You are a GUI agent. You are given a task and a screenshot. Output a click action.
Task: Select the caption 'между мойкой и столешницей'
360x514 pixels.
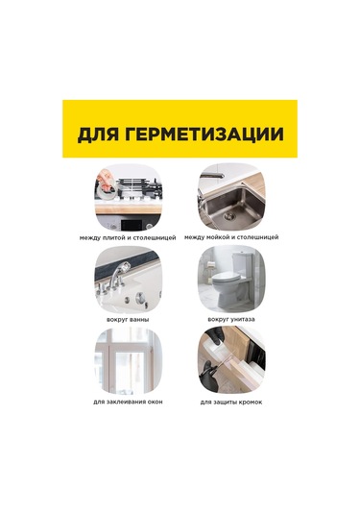(x=231, y=236)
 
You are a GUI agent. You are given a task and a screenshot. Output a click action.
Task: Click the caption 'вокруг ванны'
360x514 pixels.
(x=128, y=318)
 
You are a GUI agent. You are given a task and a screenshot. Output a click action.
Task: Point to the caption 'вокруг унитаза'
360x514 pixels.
(x=231, y=318)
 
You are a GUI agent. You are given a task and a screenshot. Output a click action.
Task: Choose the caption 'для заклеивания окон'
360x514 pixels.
(x=128, y=401)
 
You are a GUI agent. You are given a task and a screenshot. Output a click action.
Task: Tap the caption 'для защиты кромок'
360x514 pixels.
(x=231, y=401)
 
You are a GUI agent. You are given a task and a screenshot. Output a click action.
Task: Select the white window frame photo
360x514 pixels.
(x=128, y=360)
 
